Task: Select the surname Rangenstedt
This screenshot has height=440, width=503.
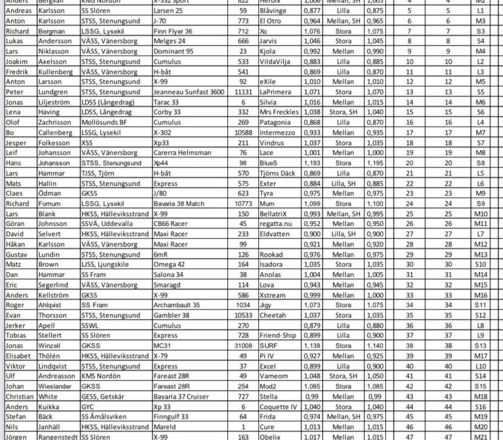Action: click(x=56, y=436)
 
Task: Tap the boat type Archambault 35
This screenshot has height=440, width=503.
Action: click(x=180, y=305)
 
